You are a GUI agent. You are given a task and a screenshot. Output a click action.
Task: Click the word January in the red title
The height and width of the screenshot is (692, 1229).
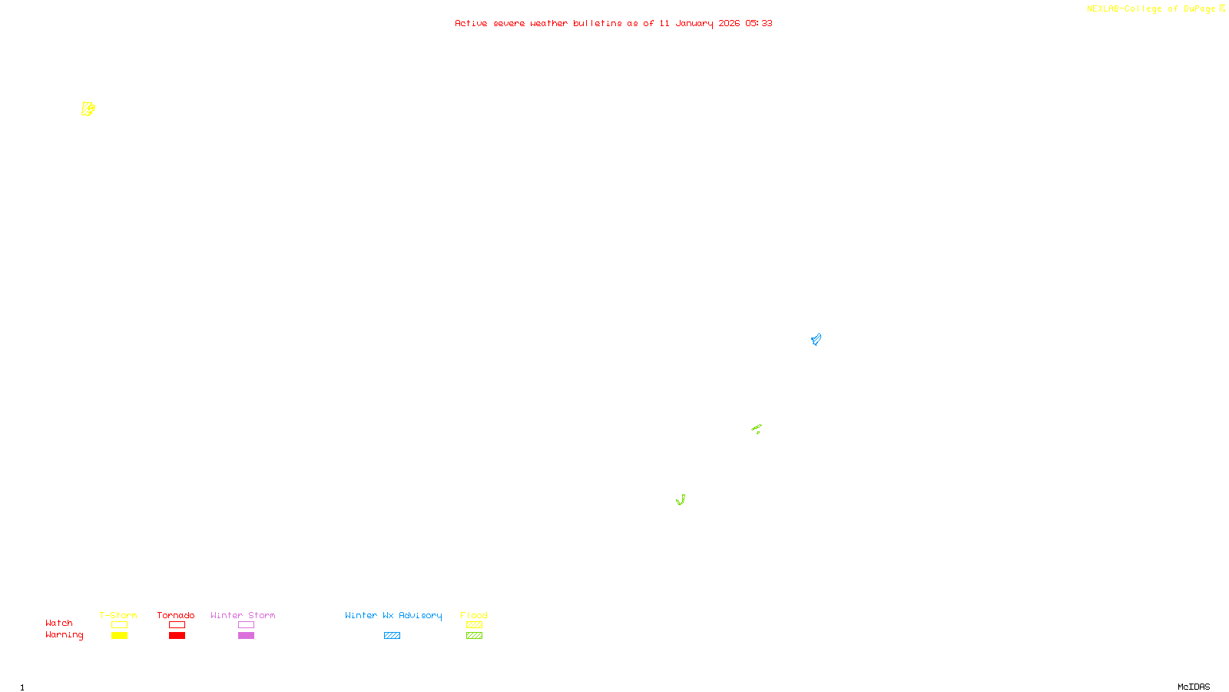tap(694, 23)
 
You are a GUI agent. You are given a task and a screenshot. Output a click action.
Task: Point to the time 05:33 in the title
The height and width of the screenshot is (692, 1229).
tap(758, 23)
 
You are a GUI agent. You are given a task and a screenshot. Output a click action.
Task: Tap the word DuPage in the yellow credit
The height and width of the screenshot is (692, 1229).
tap(1199, 8)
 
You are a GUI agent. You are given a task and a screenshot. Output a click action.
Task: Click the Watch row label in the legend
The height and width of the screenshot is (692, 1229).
tap(59, 623)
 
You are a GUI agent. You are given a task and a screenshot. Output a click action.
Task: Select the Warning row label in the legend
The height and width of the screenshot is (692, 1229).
tap(64, 635)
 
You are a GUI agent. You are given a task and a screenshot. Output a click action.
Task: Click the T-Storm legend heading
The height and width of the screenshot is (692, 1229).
tap(118, 615)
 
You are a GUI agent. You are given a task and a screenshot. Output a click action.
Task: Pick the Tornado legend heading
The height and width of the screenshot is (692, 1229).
tap(176, 615)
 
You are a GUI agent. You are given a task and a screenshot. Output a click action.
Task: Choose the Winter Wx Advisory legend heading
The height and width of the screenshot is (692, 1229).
tap(393, 615)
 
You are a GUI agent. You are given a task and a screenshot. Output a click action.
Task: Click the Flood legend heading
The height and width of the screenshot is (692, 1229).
tap(474, 615)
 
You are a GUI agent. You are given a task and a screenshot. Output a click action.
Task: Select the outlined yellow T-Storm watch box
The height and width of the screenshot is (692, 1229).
tap(119, 625)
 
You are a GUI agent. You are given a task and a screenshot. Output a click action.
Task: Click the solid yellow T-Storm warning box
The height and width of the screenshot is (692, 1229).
tap(119, 636)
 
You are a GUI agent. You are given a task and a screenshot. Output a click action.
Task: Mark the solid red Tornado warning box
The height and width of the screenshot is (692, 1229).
tap(177, 636)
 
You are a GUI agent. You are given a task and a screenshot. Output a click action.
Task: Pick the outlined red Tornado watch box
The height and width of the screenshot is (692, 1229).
tap(177, 625)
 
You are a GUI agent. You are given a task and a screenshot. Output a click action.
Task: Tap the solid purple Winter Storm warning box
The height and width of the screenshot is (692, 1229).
tap(246, 636)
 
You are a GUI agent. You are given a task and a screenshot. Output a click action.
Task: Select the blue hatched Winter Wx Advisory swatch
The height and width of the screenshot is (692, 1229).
tap(392, 636)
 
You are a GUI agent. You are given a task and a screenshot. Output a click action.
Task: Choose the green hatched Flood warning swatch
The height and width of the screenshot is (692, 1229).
tap(474, 636)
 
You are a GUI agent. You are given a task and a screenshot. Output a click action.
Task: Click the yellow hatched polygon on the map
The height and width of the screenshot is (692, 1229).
tap(88, 109)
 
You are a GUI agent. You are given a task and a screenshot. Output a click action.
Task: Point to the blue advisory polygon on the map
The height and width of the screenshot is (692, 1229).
tap(816, 339)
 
